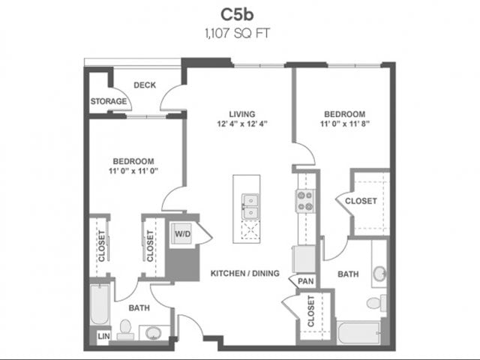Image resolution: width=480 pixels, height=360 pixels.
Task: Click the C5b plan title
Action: point(239,14)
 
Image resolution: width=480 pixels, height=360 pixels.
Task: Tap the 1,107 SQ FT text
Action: point(239,32)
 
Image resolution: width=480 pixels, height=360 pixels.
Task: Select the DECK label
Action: point(145,85)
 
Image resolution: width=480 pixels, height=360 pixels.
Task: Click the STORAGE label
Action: point(108,101)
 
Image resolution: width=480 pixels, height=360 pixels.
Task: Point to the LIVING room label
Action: point(242,114)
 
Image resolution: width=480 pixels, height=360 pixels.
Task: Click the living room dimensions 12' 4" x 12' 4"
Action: point(242,124)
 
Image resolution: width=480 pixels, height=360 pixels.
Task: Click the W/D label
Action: point(182,234)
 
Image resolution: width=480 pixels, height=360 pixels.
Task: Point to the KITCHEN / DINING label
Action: point(244,273)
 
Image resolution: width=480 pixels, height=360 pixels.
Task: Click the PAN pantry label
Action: point(305,281)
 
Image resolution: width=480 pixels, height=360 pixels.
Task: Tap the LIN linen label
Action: point(103,336)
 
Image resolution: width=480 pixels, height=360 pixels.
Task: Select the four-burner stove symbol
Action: point(304,200)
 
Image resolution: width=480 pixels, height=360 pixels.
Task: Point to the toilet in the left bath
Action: point(125,330)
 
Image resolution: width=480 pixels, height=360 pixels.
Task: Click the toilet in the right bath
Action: point(374,303)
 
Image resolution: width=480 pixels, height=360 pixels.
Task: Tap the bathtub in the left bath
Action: point(100,304)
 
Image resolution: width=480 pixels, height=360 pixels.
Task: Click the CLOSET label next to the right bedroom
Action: point(361,201)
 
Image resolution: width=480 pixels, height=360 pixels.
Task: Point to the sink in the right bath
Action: point(379,273)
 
